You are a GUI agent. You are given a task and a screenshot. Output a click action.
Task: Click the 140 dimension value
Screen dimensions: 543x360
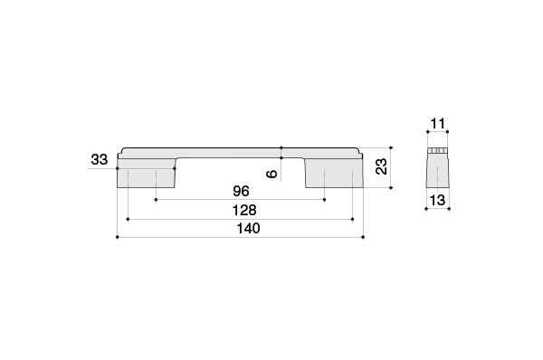click(248, 229)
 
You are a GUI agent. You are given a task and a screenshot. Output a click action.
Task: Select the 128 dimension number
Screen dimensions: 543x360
click(244, 210)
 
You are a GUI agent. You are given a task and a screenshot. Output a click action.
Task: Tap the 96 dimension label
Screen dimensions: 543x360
click(241, 191)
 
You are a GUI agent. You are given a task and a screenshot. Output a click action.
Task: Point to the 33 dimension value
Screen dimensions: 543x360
click(100, 159)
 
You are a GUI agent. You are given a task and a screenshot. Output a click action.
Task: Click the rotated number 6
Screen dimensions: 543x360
click(272, 174)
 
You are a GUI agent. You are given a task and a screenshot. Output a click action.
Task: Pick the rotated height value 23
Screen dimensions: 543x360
click(381, 166)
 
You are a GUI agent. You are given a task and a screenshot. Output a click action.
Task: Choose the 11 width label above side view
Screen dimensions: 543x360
click(438, 123)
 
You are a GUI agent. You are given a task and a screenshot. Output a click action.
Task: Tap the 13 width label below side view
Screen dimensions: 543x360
click(437, 200)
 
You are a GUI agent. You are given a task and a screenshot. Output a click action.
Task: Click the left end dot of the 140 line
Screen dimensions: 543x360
click(118, 237)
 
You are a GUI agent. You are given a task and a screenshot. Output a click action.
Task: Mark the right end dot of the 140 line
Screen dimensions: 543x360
click(363, 237)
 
